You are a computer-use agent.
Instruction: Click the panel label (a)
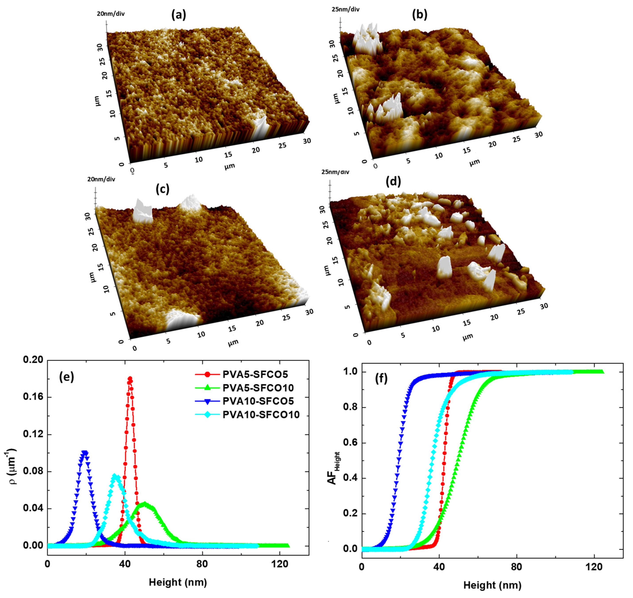pos(178,15)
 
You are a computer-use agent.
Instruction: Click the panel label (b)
pos(419,15)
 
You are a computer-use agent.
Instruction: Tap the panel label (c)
pos(162,189)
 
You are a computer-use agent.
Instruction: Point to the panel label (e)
pos(66,377)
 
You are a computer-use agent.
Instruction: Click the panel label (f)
pos(381,378)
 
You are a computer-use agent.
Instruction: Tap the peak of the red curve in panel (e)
pos(130,379)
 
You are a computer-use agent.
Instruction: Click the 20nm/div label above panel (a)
pos(111,14)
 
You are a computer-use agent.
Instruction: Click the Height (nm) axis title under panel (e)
pos(178,582)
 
